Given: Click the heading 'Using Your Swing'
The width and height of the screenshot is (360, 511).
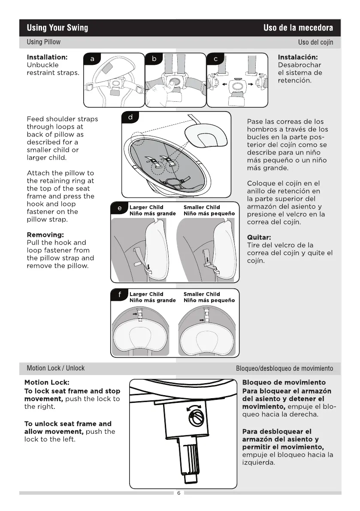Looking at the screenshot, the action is tap(57, 28).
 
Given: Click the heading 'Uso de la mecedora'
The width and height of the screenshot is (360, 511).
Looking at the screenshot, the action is tap(298, 28).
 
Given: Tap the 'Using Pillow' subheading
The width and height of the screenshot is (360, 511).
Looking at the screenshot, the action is tap(43, 42).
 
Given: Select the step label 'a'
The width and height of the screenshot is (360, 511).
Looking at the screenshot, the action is tap(92, 59).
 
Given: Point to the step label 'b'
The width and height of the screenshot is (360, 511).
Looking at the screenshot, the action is tap(154, 59).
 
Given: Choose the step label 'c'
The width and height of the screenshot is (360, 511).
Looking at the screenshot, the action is tap(215, 59).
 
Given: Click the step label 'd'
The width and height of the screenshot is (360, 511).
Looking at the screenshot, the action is tap(130, 118).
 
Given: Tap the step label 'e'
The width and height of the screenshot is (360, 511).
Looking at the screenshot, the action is tap(119, 208).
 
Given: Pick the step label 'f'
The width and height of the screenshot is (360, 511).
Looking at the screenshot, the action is tap(119, 295).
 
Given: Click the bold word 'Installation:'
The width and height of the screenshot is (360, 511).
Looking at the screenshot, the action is tap(47, 57).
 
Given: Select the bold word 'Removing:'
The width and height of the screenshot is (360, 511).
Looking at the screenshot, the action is tap(45, 235).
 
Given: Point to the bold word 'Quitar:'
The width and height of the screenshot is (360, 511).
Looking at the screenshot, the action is tap(259, 237).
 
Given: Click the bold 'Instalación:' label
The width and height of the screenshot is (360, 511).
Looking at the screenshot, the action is tap(298, 57).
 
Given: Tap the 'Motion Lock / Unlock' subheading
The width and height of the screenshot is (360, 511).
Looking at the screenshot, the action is tap(55, 368).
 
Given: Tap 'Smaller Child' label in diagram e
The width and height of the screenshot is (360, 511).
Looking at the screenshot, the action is tap(202, 207).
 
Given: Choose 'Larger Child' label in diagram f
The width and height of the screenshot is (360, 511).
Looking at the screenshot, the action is tap(146, 294).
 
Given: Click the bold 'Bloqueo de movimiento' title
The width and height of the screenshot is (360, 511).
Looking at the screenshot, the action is tap(284, 382).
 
